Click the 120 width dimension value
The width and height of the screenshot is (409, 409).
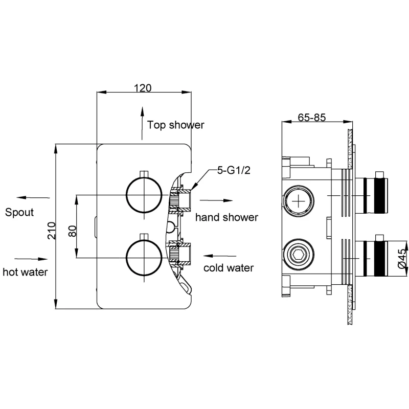point(143,87)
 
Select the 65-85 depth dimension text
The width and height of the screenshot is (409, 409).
point(311,117)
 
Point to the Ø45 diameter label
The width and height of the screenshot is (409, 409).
point(401,259)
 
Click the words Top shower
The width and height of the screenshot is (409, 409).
point(175,125)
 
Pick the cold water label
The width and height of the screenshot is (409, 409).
point(229,268)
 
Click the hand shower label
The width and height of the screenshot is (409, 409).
point(226,217)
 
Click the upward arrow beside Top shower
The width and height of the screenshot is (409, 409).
point(142,123)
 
